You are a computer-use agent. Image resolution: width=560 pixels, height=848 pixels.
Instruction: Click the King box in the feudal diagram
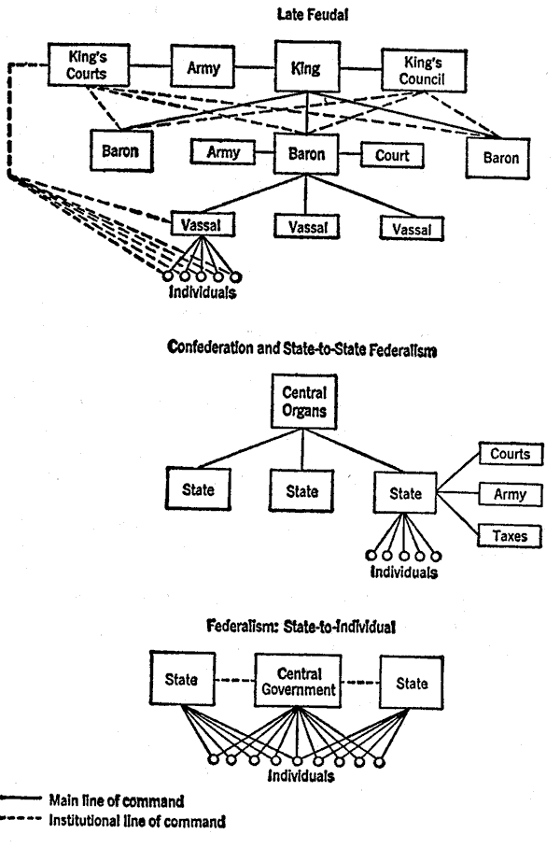308,67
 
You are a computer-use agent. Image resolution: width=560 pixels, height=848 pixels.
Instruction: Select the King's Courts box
89,64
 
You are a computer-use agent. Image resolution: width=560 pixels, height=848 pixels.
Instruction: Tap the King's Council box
424,71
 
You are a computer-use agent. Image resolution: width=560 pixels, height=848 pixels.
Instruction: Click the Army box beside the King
203,67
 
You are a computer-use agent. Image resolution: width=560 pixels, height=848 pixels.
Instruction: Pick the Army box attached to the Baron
223,152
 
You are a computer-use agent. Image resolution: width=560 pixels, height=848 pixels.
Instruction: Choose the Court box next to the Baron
392,155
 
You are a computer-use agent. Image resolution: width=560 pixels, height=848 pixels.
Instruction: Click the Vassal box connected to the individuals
203,224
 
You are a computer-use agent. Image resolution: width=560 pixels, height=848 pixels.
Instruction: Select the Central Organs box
303,402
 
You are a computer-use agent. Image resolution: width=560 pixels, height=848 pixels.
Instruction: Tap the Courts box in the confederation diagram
511,454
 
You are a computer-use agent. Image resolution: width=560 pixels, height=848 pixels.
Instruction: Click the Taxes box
510,536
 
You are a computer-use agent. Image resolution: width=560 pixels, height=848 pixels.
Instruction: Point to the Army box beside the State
511,494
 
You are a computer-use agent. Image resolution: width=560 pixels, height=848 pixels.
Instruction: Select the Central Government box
298,682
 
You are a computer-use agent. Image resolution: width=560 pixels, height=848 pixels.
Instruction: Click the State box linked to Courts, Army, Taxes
405,493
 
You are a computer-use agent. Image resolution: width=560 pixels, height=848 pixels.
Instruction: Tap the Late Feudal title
313,15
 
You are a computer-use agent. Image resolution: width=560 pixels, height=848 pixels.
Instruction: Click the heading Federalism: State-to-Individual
301,627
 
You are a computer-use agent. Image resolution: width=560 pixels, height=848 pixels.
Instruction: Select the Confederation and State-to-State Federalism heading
302,348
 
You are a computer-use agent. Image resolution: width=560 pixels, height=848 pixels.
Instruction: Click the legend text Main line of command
117,800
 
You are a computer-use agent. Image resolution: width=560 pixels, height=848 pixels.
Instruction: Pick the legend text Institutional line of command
137,821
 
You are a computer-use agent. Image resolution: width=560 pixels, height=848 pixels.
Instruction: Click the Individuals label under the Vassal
203,292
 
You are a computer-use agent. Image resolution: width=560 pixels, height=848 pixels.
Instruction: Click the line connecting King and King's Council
361,69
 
